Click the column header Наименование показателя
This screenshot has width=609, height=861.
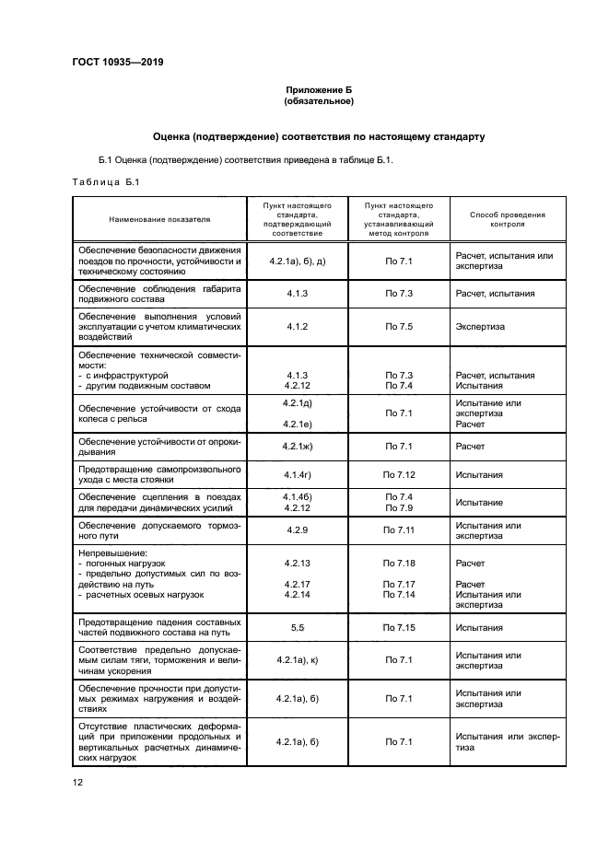point(158,219)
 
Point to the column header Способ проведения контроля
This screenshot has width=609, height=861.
point(507,219)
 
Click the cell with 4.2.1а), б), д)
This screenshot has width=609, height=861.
point(297,262)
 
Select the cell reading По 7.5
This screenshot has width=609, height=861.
point(399,326)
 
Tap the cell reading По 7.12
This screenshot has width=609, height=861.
point(399,475)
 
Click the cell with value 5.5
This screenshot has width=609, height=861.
point(297,627)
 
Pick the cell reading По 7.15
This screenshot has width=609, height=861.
point(399,627)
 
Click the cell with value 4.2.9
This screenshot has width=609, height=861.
point(297,530)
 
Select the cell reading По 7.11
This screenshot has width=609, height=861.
point(399,530)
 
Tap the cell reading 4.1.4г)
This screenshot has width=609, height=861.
point(297,475)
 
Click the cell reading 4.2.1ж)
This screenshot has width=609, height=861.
point(297,447)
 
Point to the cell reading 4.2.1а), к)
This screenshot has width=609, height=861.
point(297,660)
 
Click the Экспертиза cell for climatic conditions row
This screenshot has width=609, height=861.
point(479,326)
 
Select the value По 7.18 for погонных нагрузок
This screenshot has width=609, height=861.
point(399,563)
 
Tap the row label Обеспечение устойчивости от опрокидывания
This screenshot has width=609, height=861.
point(158,447)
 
